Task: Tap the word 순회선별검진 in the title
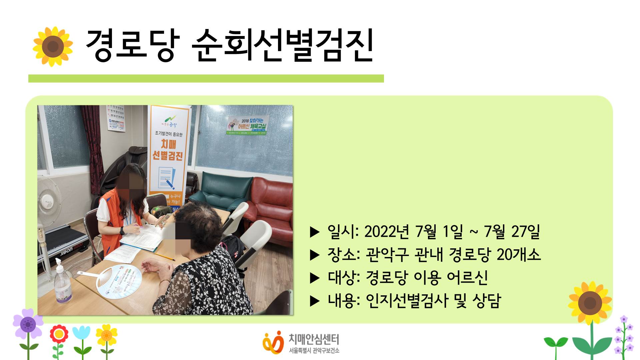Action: tap(283, 46)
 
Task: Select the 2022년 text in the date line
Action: tap(386, 232)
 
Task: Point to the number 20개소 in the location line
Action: tap(519, 255)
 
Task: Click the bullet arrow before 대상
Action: tap(315, 278)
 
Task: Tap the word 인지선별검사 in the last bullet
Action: tap(407, 301)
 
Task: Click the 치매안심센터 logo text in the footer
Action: tap(314, 339)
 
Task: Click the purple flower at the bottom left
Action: tap(28, 324)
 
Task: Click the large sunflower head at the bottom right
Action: tap(590, 303)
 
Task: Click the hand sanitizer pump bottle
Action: tap(62, 284)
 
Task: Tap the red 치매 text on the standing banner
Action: tap(168, 144)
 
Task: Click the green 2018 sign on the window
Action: tap(248, 125)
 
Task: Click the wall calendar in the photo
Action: tap(116, 119)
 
